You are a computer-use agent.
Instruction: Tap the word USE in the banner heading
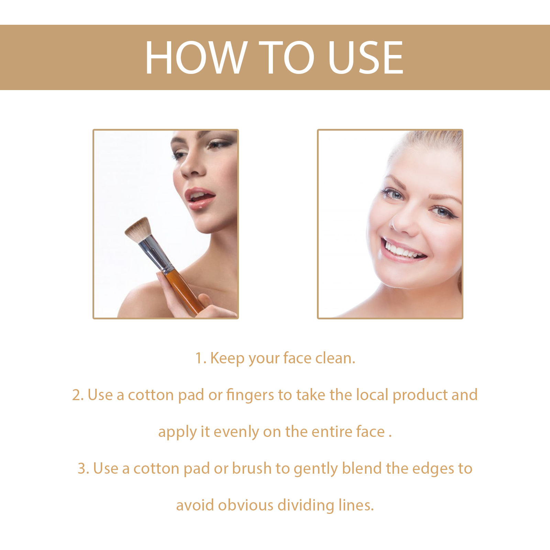click(365, 57)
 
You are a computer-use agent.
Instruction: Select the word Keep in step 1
click(227, 358)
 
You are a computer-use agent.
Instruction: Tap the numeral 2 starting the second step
click(76, 395)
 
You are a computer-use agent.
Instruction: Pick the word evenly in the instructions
click(236, 432)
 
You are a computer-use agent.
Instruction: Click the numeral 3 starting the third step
click(82, 469)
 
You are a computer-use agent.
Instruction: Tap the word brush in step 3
click(252, 469)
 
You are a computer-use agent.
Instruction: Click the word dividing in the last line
click(306, 505)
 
